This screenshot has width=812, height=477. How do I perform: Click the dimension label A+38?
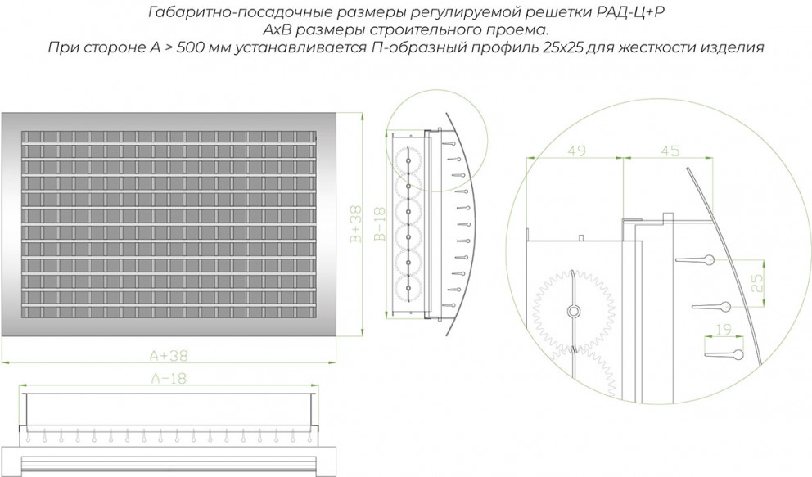(x=169, y=356)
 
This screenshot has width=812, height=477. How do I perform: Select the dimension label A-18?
(x=169, y=379)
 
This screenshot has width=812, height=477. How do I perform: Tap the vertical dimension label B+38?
(x=356, y=224)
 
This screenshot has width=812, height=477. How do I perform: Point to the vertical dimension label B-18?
(x=380, y=224)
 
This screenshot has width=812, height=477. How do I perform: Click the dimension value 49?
(x=576, y=151)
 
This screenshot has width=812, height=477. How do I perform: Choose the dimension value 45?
(x=670, y=151)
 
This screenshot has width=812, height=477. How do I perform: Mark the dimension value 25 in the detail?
(x=757, y=284)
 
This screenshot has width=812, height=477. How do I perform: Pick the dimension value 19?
(x=724, y=329)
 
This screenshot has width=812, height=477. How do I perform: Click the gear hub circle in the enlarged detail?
(x=573, y=311)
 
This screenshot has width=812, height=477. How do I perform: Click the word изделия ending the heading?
(x=733, y=47)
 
